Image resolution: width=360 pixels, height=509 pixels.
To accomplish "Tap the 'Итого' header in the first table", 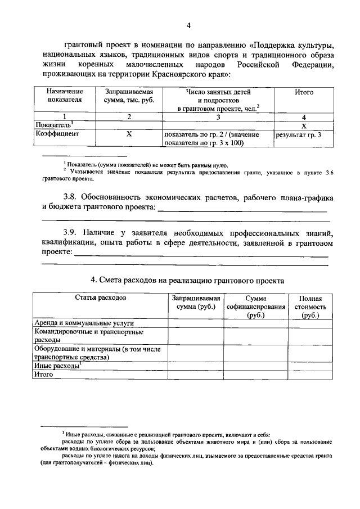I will pos(304,92).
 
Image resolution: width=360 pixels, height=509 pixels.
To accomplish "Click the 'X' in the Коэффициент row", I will pos(129,134).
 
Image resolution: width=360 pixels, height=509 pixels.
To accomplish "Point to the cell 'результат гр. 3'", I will pos(298,135).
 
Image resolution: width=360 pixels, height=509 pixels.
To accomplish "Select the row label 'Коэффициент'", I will pos(56,134).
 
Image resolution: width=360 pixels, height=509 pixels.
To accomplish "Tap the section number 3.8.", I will pos(70,198).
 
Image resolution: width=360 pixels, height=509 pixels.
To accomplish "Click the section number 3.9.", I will pos(70,232).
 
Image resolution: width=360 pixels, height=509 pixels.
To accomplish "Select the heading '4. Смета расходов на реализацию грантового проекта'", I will pos(188,280).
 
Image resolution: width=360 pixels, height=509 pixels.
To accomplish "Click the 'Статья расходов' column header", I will pos(100,298).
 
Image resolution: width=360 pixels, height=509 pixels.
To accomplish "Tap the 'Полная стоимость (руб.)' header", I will pos(310,307).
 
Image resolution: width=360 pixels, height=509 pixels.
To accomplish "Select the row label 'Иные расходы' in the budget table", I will pos(58,366).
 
